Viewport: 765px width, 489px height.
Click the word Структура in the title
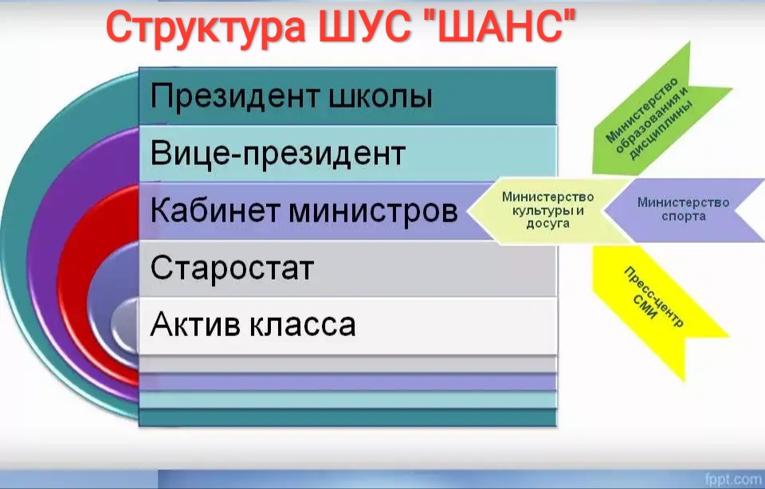[x=206, y=29]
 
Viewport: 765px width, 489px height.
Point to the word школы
[x=381, y=97]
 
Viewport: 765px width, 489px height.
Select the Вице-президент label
[x=277, y=153]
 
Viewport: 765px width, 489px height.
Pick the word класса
[x=303, y=325]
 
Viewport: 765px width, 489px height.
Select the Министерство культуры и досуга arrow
[x=548, y=210]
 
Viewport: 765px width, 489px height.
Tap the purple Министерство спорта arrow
[x=684, y=209]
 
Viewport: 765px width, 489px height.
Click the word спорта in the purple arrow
[x=684, y=216]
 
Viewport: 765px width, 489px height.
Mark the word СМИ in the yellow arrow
[x=645, y=307]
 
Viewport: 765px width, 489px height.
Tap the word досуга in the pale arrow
[x=548, y=223]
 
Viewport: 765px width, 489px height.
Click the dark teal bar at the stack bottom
[x=348, y=417]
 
